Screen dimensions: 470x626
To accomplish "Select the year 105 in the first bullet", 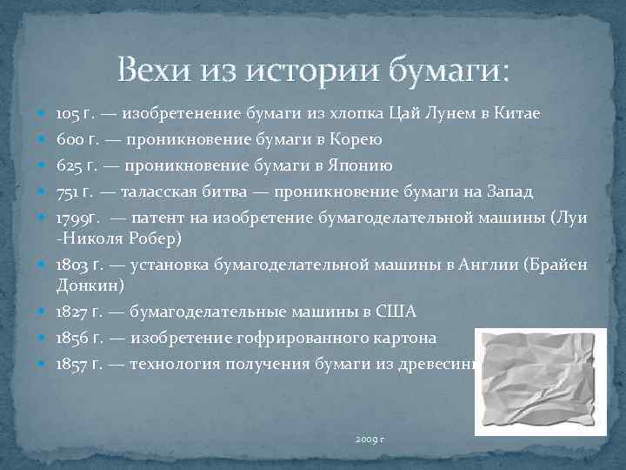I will pos(69,113).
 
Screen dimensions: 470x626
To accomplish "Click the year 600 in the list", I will pos(70,139).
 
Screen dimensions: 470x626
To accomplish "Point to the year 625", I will pos(70,165).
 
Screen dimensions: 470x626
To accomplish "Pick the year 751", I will pos(67,191).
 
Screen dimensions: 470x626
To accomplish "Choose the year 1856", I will pos(73,338).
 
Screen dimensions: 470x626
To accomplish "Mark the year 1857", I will pos(73,363).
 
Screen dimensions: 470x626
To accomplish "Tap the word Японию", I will pos(368,165).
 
